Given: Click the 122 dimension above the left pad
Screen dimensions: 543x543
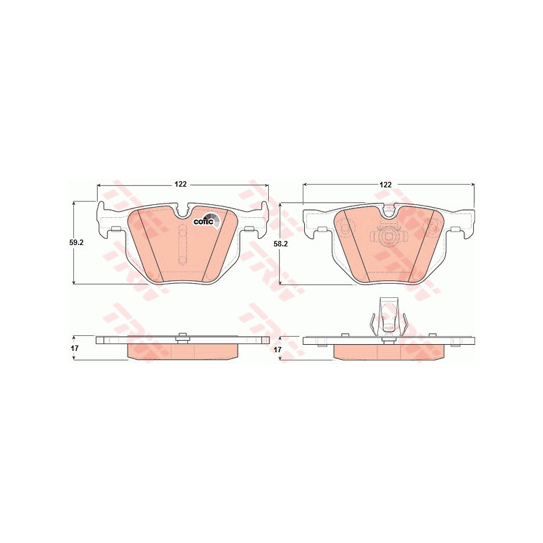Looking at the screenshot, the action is coord(181,184).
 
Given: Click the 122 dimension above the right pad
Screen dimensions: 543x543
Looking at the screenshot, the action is coord(386,185).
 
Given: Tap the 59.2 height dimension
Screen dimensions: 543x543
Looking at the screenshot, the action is coord(77,243).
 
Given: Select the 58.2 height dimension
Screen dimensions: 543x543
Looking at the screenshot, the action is coord(281,244).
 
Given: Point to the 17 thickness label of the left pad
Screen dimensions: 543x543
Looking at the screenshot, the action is coord(75,348).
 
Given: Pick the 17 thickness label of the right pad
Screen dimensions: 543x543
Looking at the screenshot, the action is coord(277,350).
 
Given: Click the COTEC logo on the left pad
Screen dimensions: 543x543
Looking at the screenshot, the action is coord(206,222).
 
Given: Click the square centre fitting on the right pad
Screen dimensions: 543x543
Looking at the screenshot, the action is coord(388,237).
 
